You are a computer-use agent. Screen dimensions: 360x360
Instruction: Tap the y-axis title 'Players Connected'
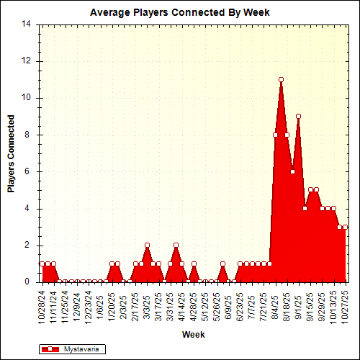tap(11, 153)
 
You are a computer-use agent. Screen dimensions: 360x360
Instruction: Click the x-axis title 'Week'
tap(192, 335)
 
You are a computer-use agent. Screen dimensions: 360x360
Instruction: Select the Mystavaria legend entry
tap(72, 348)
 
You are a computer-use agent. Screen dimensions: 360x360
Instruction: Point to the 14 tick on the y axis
tap(26, 24)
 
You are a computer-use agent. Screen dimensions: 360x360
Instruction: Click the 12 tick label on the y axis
tap(26, 60)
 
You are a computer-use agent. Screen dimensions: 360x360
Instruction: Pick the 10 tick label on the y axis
tap(26, 98)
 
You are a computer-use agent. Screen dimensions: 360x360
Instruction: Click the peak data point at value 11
tap(281, 79)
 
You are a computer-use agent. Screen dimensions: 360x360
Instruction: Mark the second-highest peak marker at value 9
tap(298, 116)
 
